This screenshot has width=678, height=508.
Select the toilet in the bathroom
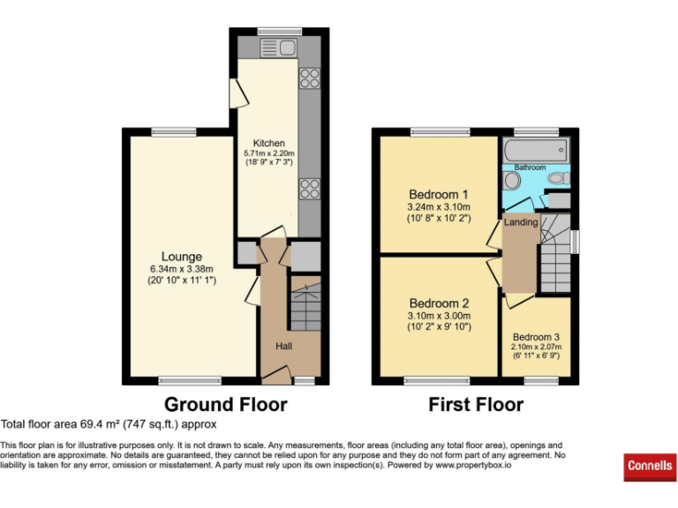pos(558,179)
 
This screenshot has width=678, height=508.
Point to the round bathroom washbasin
pos(512,181)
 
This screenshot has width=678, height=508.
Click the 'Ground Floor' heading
pos(226,405)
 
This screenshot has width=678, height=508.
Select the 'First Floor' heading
pos(476,405)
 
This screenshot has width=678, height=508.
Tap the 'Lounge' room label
pos(182,257)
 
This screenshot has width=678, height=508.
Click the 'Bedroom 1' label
pos(439,194)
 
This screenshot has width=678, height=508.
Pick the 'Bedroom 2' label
pos(439,303)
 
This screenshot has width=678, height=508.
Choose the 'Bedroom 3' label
pos(537,336)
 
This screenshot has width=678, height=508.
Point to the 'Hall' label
pos(283,347)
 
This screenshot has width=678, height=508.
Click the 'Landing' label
pos(521,222)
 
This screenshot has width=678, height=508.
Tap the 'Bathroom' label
pos(531,167)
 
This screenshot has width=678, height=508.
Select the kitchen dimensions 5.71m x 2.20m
pos(269,153)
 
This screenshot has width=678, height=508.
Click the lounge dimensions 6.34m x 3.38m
pos(182,269)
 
